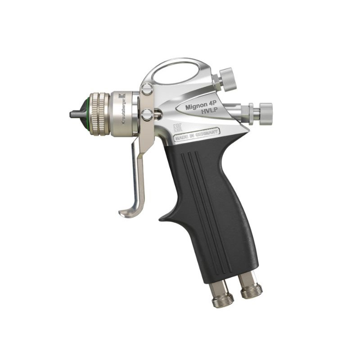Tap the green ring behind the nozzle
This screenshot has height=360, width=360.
tap(85, 114)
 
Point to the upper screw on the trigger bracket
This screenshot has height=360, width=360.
tap(146, 90)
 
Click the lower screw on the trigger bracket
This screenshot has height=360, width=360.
tap(147, 115)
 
